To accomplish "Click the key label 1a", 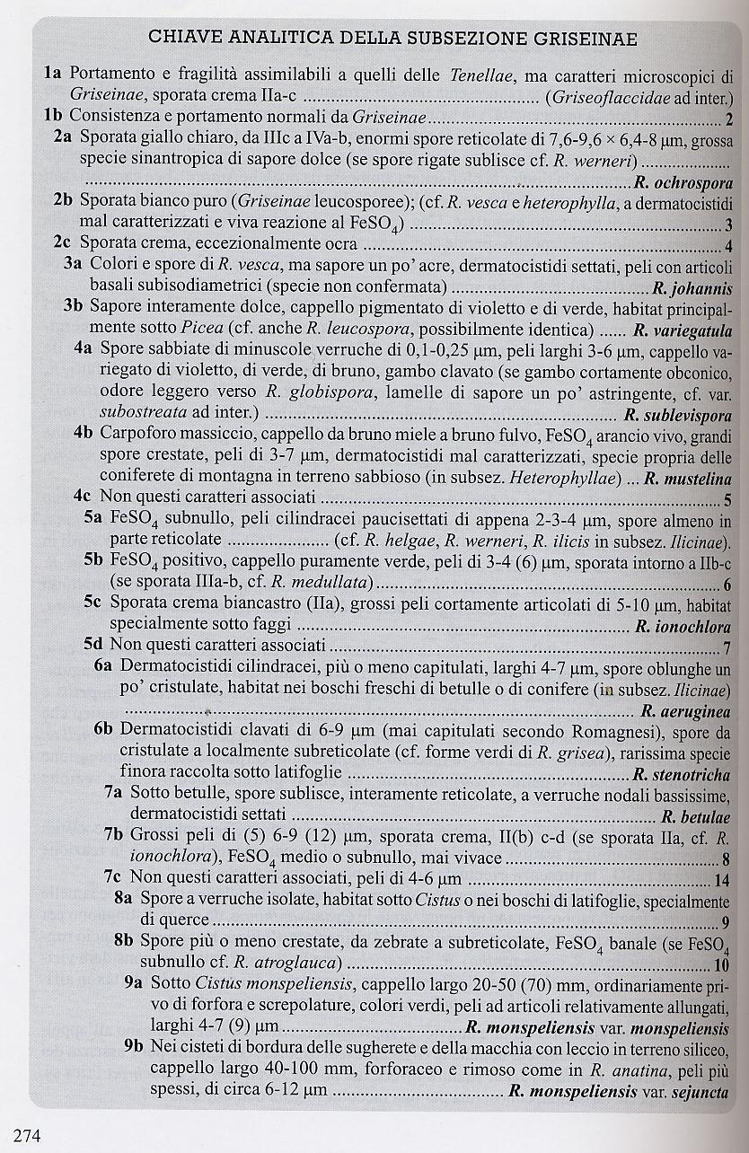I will tap(52, 75).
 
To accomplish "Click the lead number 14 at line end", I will tap(723, 879).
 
